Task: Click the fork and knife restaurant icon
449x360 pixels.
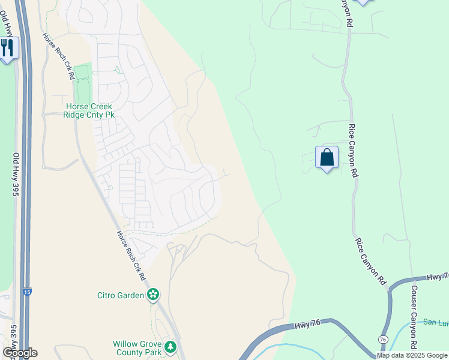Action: pos(8,47)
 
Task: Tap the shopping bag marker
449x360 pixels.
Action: pos(327,158)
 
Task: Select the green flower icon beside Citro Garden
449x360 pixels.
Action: pos(154,294)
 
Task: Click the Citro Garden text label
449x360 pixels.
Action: pos(121,295)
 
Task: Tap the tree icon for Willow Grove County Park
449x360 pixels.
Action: pos(170,347)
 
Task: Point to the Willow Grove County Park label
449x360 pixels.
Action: pos(137,348)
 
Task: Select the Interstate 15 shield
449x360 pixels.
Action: pos(26,292)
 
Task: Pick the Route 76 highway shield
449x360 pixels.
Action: pos(383,340)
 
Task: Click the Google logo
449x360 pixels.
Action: pos(20,352)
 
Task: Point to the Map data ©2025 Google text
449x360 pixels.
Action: pos(412,355)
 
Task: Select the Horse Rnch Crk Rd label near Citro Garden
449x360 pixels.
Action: pos(131,256)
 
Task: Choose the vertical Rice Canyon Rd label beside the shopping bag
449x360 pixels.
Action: pos(354,151)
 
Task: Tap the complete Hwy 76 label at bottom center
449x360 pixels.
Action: pos(310,326)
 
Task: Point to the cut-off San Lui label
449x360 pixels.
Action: pos(435,322)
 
